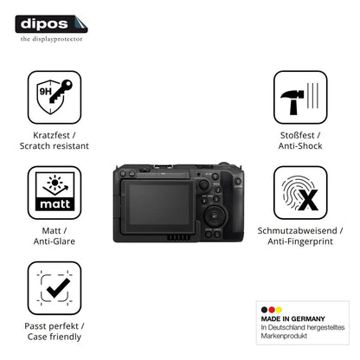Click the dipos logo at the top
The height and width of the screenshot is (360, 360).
51,24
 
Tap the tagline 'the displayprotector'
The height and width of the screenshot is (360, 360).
51,39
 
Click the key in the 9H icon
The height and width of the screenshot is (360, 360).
61,92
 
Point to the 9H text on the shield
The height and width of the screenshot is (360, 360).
45,92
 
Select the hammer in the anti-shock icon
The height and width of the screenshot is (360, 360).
292,102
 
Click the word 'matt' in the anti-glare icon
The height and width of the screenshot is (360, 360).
55,204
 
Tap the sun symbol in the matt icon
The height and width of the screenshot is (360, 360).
55,182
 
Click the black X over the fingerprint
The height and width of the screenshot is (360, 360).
308,200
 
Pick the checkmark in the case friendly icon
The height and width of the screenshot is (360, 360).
58,288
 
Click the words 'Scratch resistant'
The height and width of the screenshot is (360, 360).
55,145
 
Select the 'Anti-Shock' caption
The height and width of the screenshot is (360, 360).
300,145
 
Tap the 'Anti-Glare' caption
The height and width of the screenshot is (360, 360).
55,241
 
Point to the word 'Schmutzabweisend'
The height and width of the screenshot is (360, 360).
297,230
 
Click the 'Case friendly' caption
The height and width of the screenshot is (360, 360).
55,337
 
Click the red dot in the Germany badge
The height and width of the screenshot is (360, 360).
272,310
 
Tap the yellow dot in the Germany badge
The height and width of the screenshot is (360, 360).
279,310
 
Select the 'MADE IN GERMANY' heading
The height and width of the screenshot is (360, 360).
292,318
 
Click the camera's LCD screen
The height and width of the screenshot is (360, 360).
159,204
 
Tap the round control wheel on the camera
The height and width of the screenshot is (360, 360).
215,216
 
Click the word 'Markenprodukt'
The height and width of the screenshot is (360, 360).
284,336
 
